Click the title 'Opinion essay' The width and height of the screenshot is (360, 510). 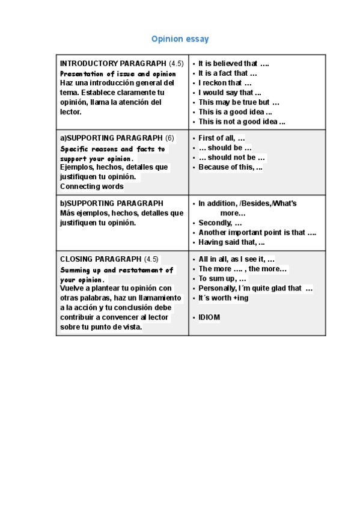180,39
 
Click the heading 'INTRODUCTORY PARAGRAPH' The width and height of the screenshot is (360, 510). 113,63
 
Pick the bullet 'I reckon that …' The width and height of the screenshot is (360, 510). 225,83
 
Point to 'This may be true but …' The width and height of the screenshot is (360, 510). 239,102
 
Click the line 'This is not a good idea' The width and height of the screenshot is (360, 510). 242,121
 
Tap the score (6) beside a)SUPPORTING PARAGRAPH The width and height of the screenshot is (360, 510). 169,138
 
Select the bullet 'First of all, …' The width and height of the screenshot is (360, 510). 222,138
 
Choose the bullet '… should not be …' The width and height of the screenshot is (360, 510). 231,158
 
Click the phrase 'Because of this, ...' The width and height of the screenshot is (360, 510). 230,167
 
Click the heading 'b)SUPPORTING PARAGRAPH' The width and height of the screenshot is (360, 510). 111,203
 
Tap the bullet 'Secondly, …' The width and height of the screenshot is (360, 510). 220,223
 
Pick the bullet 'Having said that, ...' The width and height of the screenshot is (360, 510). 231,242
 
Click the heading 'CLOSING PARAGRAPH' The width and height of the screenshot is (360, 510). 101,259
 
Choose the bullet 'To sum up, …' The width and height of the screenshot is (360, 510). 222,278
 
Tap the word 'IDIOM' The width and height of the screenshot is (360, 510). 209,317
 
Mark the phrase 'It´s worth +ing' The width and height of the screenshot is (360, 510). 223,298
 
